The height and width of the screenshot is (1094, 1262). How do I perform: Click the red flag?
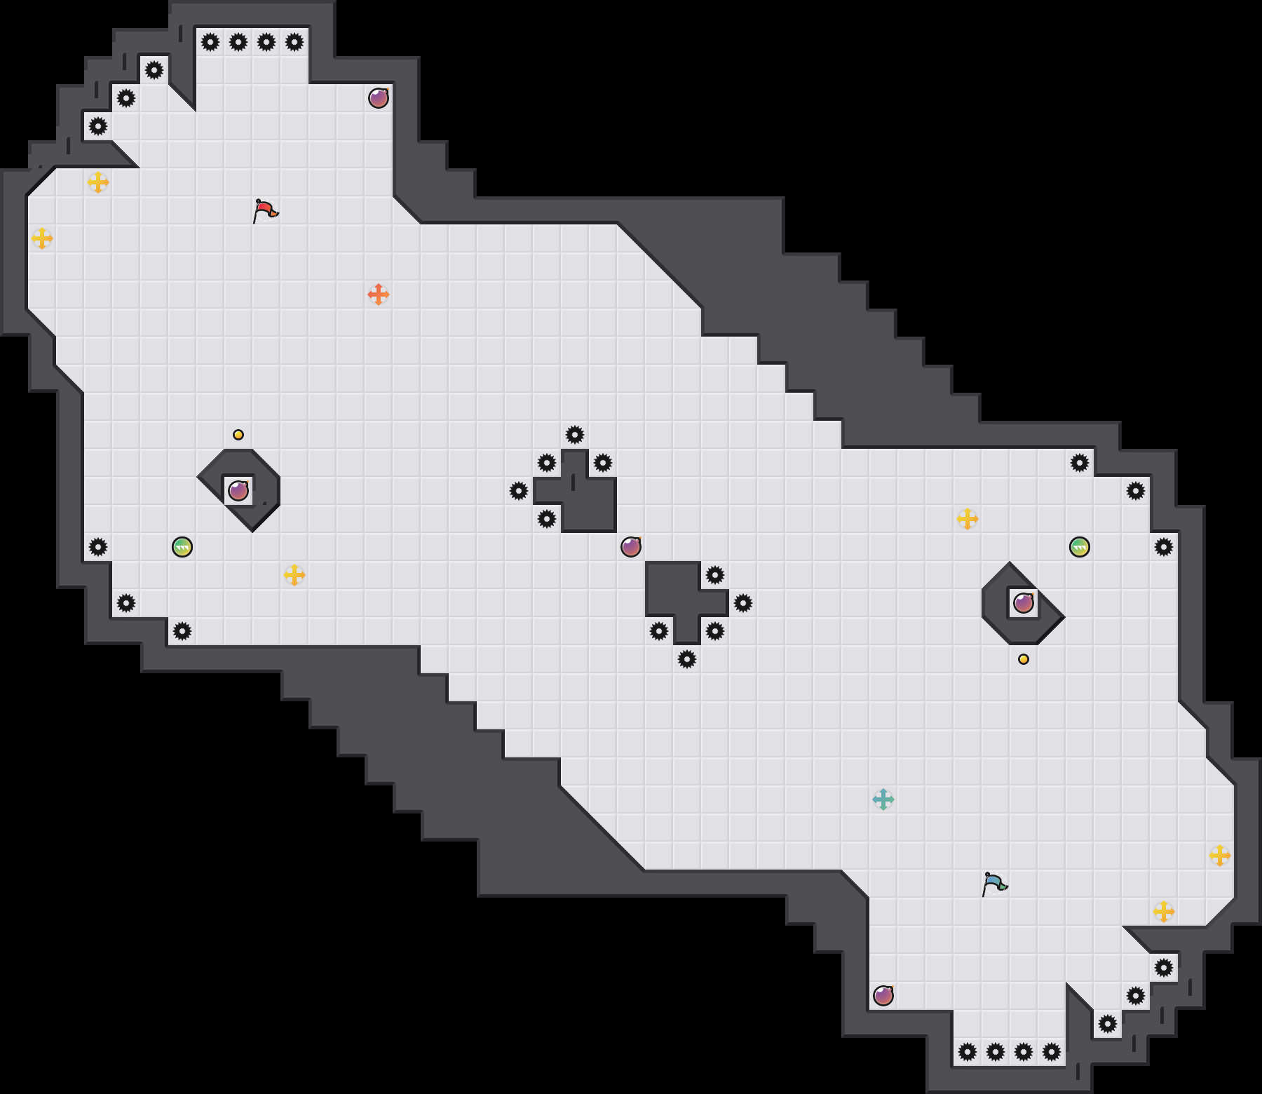pos(265,210)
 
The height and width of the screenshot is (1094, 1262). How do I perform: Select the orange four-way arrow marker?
pos(379,295)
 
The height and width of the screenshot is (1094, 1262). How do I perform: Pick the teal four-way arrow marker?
pos(883,799)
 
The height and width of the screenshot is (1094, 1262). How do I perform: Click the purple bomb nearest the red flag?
pos(379,98)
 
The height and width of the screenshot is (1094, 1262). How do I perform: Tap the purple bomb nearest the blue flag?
pos(883,996)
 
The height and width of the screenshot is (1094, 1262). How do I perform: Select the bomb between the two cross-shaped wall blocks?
pos(631,547)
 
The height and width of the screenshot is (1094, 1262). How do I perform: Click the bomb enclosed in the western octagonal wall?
pos(238,491)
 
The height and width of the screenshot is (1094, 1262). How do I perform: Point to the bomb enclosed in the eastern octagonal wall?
pos(1024,603)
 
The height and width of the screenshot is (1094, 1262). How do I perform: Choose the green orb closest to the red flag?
pos(182,547)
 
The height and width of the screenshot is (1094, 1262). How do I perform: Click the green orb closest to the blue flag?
pos(1080,547)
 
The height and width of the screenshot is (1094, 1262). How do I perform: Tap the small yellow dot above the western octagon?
pos(238,435)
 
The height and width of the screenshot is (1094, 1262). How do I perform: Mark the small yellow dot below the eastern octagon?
pos(1024,659)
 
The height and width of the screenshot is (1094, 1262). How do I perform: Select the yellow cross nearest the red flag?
pos(98,182)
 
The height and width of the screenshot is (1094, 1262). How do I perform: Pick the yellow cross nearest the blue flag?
pos(1164,912)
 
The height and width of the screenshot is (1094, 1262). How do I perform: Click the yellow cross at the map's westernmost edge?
pos(42,238)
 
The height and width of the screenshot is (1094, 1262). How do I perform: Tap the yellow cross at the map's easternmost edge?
pos(1220,856)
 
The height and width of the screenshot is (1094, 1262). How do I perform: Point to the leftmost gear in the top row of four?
pos(210,42)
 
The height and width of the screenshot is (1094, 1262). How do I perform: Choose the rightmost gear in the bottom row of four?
pos(1052,1052)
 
